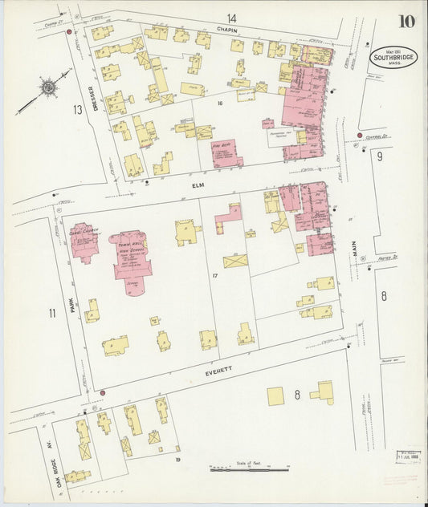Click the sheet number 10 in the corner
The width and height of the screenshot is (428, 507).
406,22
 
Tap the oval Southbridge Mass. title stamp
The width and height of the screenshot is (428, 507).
393,58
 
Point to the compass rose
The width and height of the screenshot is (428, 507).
48,86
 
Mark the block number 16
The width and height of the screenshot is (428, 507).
218,103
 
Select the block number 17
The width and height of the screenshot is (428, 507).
214,275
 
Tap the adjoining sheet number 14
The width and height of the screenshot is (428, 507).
231,18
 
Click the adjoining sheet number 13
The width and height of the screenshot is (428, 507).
77,109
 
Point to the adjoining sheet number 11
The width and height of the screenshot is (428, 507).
51,313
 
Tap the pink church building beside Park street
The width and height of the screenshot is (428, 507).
84,241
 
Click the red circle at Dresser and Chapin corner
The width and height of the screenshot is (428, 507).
70,33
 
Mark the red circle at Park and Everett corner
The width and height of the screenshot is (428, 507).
103,392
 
